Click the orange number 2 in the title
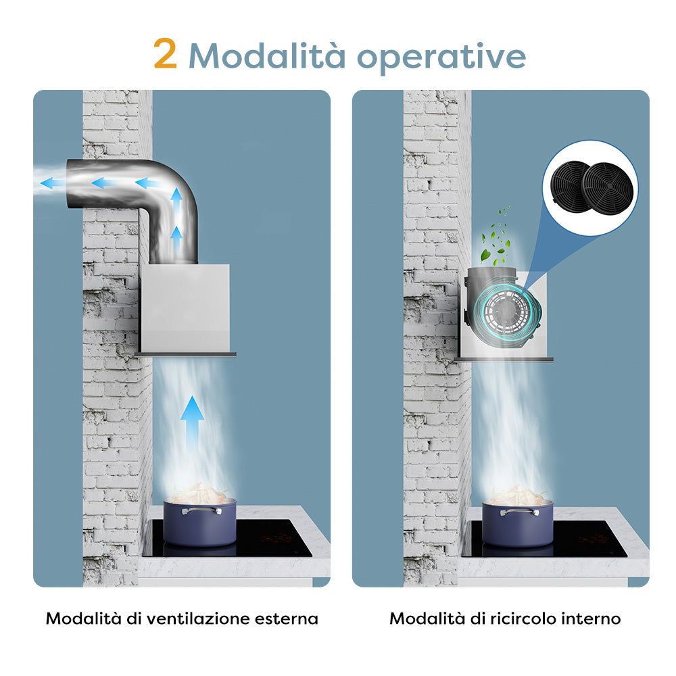point(165,53)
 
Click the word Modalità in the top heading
point(267,55)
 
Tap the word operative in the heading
point(441,57)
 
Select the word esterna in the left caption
point(286,619)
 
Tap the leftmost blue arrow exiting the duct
point(53,183)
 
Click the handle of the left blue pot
point(201,511)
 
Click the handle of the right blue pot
point(519,512)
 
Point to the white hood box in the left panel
point(185,309)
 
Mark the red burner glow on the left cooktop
point(279,537)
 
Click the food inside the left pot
point(200,492)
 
